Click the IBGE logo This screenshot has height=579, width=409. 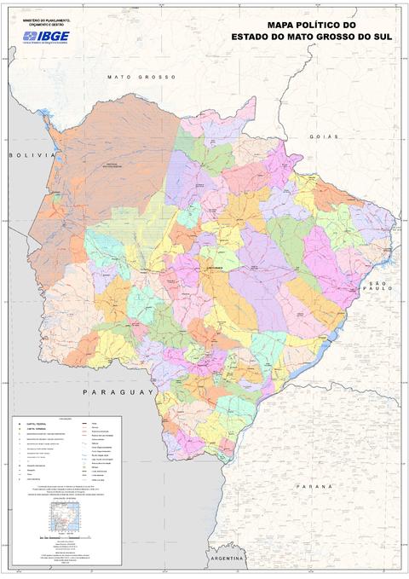coord(46,36)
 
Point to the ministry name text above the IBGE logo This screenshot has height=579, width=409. coord(46,21)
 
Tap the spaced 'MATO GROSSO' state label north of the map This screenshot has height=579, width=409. coord(141,77)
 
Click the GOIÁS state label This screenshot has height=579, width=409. coord(325,136)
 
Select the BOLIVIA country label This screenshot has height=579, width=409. coord(25,155)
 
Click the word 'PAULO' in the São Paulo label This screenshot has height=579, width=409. coord(378,289)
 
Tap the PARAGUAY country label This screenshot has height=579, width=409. coord(118,391)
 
